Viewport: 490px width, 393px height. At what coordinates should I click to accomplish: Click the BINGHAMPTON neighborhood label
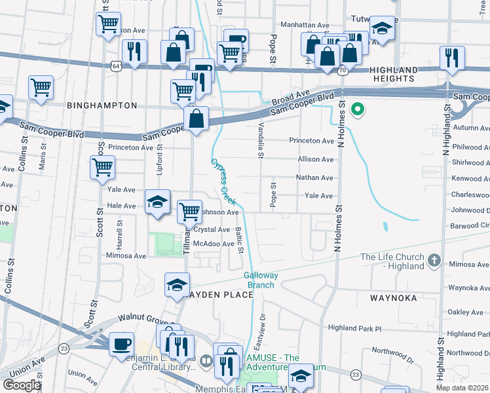[101, 105]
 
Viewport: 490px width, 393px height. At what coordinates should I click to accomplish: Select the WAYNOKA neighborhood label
[393, 297]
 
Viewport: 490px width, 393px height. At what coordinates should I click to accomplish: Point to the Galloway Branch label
[261, 280]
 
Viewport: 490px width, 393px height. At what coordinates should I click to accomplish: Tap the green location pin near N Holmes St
[358, 109]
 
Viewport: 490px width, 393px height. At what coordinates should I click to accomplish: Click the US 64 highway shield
[116, 66]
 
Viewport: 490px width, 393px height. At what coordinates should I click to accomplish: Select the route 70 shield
[343, 70]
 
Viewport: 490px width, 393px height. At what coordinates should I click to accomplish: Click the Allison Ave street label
[315, 159]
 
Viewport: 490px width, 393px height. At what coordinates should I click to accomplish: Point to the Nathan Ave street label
[314, 178]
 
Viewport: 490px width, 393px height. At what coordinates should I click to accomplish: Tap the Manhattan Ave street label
[304, 24]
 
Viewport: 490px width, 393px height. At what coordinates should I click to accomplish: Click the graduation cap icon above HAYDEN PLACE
[177, 284]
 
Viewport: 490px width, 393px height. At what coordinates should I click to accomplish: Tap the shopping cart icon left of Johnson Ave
[189, 211]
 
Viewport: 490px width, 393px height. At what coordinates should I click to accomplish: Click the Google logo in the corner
[22, 385]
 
